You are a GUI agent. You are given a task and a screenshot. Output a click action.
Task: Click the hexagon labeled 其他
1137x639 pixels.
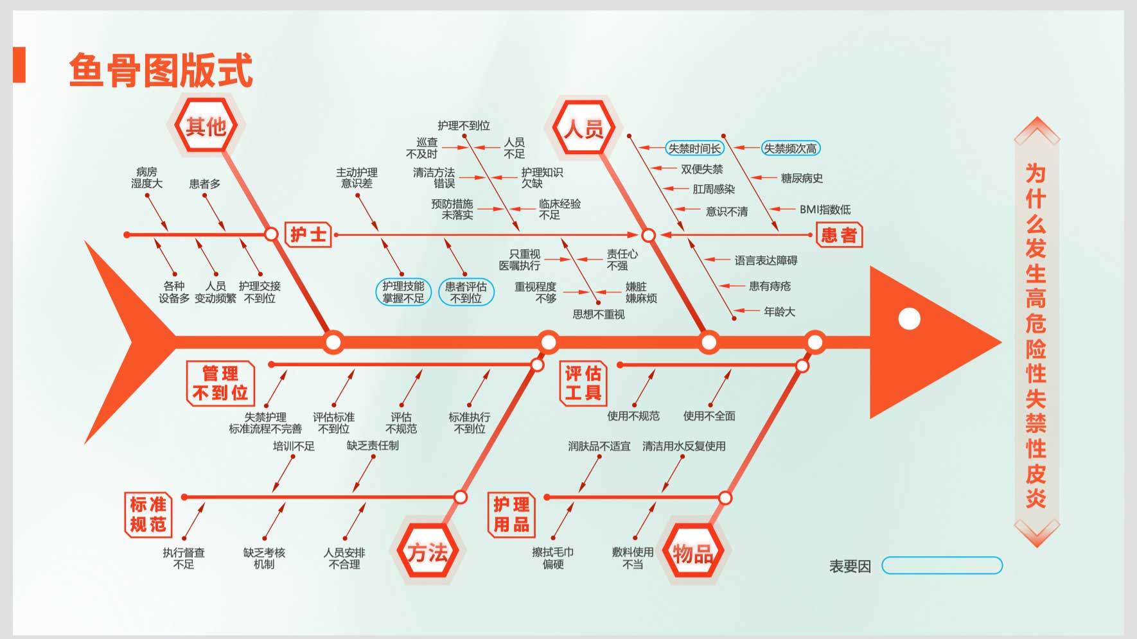(206, 126)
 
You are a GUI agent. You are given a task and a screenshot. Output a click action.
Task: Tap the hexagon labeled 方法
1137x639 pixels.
(428, 552)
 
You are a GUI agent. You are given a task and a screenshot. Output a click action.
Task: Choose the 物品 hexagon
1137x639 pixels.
(692, 552)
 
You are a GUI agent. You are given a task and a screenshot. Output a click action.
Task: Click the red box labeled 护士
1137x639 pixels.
(308, 235)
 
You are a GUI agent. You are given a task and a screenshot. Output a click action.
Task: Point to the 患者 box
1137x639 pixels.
(839, 235)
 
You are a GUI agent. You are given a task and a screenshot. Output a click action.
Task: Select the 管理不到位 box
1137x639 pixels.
(220, 383)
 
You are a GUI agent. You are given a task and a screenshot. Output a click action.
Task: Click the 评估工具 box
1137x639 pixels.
(583, 383)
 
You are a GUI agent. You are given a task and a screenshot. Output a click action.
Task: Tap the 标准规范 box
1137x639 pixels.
(148, 514)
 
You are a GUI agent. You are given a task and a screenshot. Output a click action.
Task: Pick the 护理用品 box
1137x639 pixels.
(511, 514)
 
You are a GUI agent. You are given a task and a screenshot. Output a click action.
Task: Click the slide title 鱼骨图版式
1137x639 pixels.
(161, 70)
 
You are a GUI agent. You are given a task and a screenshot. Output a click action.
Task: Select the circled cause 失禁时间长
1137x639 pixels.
(694, 148)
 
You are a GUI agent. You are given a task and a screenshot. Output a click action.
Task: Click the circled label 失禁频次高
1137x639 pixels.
(791, 148)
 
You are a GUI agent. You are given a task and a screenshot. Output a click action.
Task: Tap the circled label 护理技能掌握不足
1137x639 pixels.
(403, 292)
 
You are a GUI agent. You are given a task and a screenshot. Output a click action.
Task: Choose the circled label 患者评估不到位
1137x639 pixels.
(466, 292)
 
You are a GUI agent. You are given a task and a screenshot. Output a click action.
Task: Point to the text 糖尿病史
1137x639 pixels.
(802, 178)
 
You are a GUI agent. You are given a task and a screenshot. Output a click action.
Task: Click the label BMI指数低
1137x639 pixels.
(825, 209)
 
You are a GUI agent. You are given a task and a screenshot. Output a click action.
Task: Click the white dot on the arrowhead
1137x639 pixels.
(909, 319)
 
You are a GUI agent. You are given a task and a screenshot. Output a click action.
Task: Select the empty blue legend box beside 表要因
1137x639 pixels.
(942, 565)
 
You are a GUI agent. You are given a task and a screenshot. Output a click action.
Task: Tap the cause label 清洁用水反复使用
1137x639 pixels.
(684, 446)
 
